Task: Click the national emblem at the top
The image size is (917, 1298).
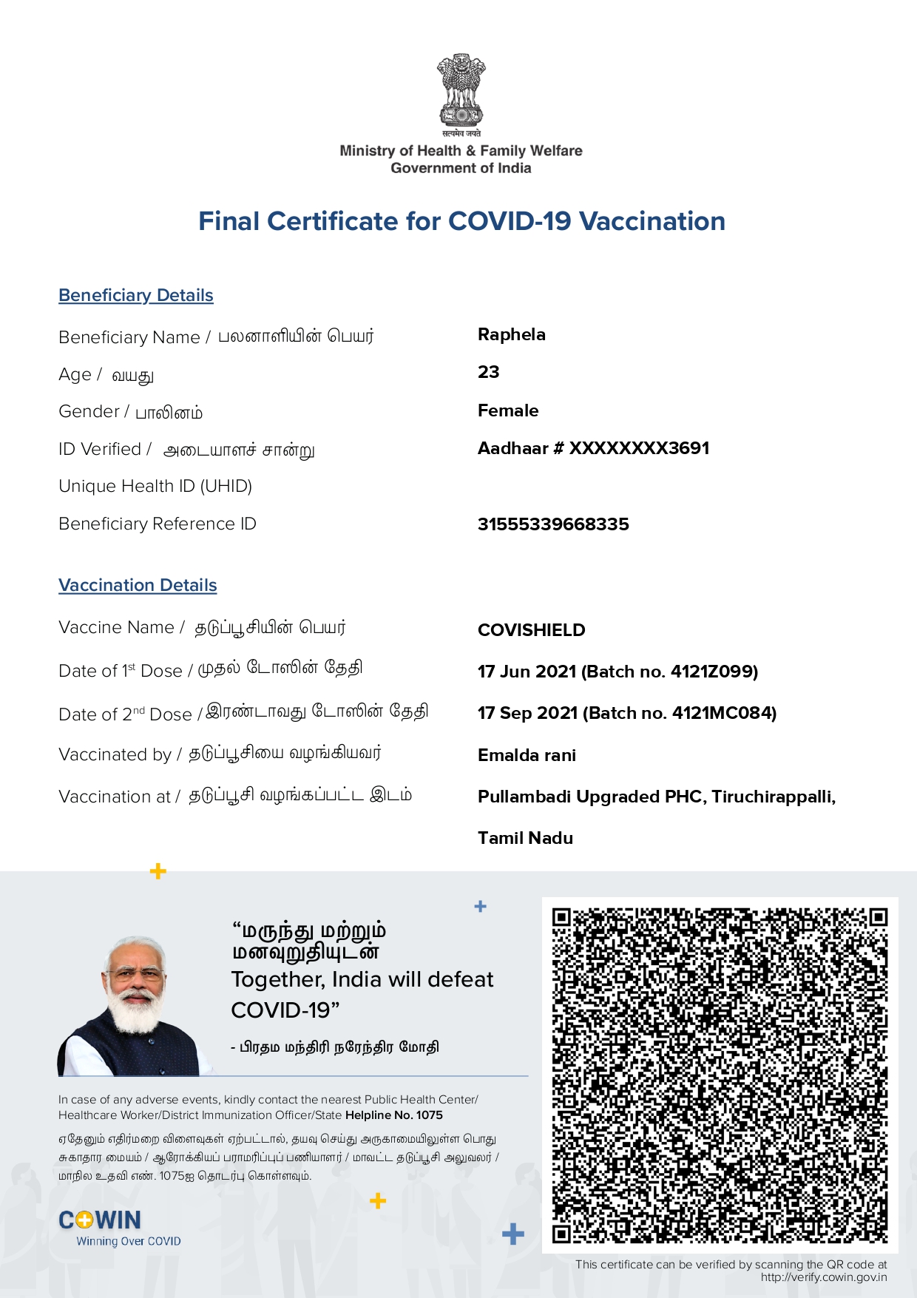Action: click(461, 92)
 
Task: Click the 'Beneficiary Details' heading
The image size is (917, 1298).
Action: click(136, 295)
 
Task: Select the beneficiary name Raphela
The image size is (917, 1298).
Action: click(512, 334)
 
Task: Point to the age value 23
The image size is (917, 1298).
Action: click(489, 372)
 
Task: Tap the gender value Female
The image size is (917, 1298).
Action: click(508, 410)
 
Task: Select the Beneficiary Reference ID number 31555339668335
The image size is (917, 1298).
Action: click(553, 524)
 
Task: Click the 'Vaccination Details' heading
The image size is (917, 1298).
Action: click(138, 585)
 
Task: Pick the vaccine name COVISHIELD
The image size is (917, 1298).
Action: click(532, 630)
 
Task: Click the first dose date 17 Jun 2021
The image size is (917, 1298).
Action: click(527, 672)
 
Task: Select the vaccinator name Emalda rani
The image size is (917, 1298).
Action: click(527, 755)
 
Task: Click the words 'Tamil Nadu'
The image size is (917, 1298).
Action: click(525, 838)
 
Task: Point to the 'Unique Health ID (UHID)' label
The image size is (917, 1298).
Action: click(155, 486)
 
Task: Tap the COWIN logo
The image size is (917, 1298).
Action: click(100, 1220)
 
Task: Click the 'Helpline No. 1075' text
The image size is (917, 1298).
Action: click(393, 1115)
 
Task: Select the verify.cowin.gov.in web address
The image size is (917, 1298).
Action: click(824, 1277)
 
